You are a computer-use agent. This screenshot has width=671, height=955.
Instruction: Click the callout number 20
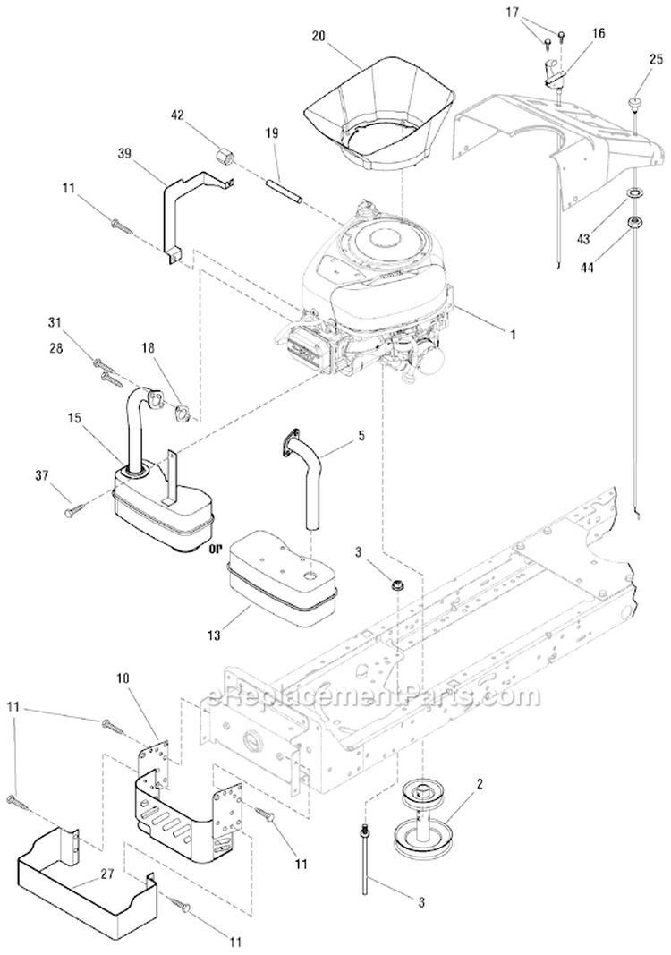(x=319, y=37)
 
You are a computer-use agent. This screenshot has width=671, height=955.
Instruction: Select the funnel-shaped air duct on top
(x=377, y=112)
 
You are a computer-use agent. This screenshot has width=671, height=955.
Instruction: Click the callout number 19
(x=273, y=132)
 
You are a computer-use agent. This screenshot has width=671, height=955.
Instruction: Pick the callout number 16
(x=599, y=33)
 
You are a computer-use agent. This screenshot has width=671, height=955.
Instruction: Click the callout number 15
(x=72, y=417)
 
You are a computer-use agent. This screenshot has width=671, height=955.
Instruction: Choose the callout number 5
(x=361, y=438)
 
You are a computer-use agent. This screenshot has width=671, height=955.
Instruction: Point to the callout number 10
(x=123, y=679)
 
